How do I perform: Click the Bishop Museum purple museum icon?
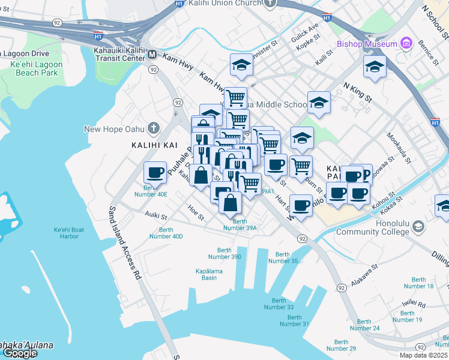pyautogui.click(x=407, y=44)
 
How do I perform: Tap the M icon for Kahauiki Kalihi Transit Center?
pyautogui.click(x=152, y=55)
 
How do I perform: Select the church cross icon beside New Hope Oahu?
pyautogui.click(x=154, y=128)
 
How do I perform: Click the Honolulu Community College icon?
pyautogui.click(x=418, y=227)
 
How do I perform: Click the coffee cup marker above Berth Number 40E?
pyautogui.click(x=155, y=172)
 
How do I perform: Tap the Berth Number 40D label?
pyautogui.click(x=169, y=233)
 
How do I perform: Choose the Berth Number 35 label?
pyautogui.click(x=283, y=257)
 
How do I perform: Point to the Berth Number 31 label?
pyautogui.click(x=294, y=320)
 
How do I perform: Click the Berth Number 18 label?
pyautogui.click(x=419, y=283)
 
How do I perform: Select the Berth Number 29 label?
pyautogui.click(x=342, y=345)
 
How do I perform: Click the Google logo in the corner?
pyautogui.click(x=19, y=353)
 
